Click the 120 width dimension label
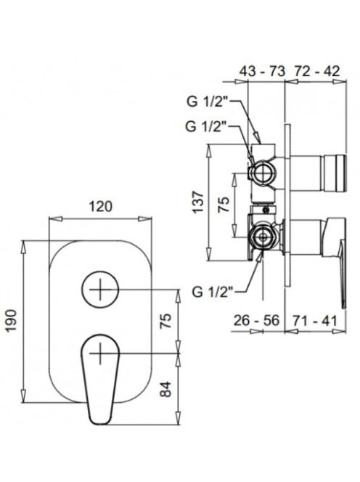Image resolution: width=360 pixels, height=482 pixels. (x=100, y=206)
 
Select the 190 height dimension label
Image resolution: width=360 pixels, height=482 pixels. (x=12, y=321)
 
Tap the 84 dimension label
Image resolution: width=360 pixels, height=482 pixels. (x=166, y=389)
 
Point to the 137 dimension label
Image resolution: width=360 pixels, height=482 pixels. (x=197, y=202)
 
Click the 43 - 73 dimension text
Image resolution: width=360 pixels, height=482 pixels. (x=263, y=71)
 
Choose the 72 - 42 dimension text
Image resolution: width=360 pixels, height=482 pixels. (x=317, y=71)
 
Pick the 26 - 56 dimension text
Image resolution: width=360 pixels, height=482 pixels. (x=256, y=321)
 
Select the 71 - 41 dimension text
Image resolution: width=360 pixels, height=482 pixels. (x=314, y=321)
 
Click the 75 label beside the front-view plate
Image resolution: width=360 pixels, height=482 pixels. (x=166, y=322)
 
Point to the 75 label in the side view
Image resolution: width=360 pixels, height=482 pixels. (x=224, y=205)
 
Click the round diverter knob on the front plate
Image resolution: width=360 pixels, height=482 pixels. (x=100, y=290)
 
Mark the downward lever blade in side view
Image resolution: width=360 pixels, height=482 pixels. (x=342, y=274)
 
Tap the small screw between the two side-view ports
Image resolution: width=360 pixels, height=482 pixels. (x=266, y=211)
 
